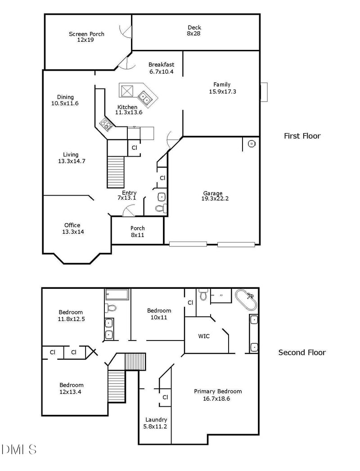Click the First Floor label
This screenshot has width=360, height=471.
coord(302,136)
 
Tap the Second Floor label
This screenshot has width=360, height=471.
coord(302,352)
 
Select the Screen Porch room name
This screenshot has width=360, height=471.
coord(86,34)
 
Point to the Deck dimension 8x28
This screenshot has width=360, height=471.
coord(194,33)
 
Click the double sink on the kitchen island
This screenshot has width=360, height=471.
coord(145,96)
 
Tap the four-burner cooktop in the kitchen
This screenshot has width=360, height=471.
coord(106,124)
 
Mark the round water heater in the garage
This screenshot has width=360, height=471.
coord(252,144)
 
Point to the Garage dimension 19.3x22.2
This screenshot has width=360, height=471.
coord(215,198)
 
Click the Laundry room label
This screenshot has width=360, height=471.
coord(156,419)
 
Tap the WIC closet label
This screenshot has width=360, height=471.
coord(204,336)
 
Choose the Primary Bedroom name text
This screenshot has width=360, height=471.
coord(218,391)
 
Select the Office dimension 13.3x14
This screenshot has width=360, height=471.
coord(73,232)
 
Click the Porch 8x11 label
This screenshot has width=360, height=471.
coord(137,231)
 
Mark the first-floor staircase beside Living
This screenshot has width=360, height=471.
coord(116,171)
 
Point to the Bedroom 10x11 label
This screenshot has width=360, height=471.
coord(159,317)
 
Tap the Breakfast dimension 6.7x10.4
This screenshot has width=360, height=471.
coord(161,72)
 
